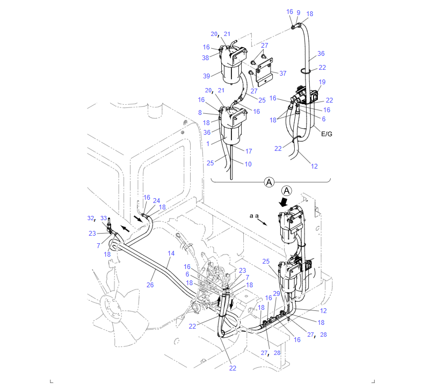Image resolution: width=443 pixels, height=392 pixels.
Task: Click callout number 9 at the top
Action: click(299, 13)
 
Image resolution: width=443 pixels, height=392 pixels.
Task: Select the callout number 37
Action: click(283, 74)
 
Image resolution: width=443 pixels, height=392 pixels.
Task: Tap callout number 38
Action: click(206, 58)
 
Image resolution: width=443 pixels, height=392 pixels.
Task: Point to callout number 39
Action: click(207, 76)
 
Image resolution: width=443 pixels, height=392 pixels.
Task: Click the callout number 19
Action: click(322, 82)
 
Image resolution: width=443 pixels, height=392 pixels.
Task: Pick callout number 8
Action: click(200, 113)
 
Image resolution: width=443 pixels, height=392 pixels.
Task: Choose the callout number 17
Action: click(249, 151)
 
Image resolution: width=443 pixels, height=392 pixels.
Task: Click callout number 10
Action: click(248, 164)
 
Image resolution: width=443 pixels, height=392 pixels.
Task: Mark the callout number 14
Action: click(171, 253)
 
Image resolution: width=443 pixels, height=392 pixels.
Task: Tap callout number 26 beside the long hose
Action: click(150, 285)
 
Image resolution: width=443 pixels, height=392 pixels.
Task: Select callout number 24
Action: click(156, 201)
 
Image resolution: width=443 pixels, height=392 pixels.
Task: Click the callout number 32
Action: click(91, 218)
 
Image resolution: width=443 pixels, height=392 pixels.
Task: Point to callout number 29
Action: click(277, 294)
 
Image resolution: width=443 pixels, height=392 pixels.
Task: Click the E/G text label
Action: click(326, 134)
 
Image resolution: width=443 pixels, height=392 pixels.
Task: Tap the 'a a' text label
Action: click(254, 216)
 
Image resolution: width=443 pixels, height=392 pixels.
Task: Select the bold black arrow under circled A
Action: click(284, 202)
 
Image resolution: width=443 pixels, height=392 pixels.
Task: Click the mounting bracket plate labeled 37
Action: click(265, 72)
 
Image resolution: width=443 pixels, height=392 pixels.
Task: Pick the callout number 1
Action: click(208, 144)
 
